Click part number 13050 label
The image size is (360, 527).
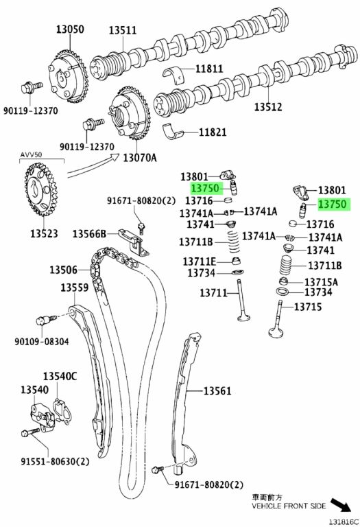(x=70, y=30)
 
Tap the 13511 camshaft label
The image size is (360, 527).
(x=123, y=30)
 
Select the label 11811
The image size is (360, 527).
(x=209, y=69)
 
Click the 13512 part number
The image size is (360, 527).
(x=267, y=107)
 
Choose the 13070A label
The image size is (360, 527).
(x=139, y=157)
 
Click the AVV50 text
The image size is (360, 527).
(x=32, y=154)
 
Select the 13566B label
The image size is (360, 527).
(x=89, y=233)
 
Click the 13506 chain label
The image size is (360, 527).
(x=64, y=270)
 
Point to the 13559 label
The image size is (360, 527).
(x=75, y=288)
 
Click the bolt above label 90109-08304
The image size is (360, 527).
(x=46, y=319)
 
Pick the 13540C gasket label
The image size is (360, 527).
(x=60, y=376)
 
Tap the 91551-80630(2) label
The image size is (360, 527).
(x=55, y=461)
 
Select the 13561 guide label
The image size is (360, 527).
(x=217, y=391)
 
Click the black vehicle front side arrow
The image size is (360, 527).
(x=341, y=505)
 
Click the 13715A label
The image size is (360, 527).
(x=321, y=281)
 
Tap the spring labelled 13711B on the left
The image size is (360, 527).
(x=232, y=242)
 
